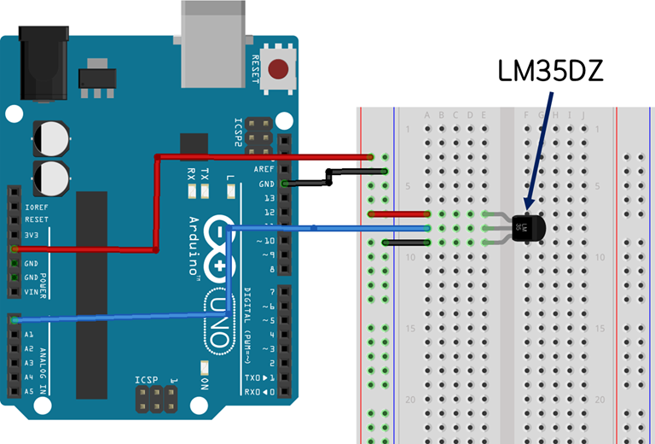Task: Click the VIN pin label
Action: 32,292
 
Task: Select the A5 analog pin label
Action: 29,392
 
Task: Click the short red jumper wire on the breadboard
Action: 398,213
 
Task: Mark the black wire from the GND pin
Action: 329,177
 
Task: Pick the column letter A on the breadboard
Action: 427,115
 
